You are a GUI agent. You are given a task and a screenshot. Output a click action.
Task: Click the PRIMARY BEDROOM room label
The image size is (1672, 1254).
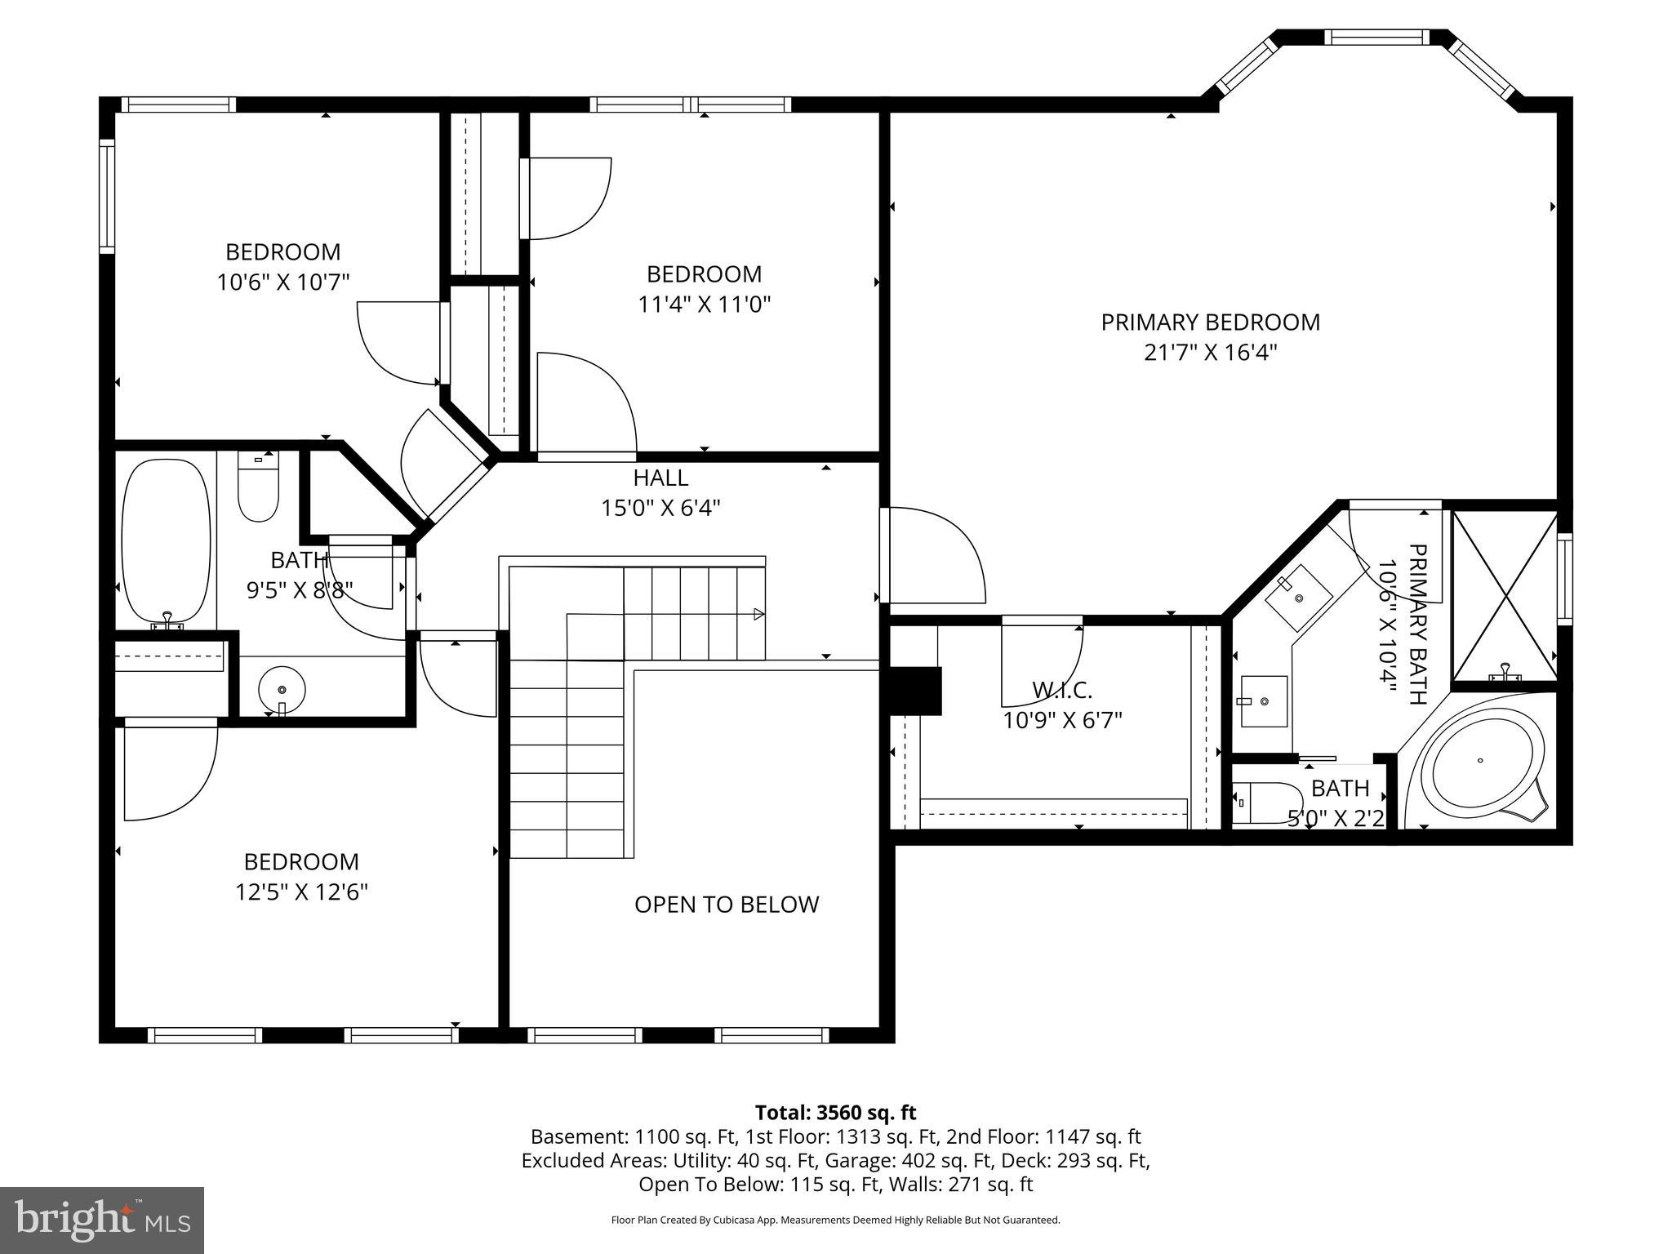(1210, 322)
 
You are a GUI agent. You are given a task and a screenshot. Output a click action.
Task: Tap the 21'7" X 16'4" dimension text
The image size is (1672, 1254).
(1210, 353)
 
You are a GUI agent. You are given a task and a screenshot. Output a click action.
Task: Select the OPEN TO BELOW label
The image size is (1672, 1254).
(727, 905)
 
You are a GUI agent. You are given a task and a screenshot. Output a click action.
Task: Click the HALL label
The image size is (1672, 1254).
(660, 478)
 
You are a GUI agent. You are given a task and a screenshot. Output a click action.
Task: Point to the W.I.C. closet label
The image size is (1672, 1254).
(1061, 691)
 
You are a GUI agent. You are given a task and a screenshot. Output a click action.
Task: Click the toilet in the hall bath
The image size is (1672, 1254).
(258, 488)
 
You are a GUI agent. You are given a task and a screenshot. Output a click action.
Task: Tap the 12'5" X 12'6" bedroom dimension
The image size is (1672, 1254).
(301, 892)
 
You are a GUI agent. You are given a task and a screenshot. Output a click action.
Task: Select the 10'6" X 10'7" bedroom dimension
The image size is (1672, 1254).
(282, 282)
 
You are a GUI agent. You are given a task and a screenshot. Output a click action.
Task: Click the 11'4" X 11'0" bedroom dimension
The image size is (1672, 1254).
(704, 305)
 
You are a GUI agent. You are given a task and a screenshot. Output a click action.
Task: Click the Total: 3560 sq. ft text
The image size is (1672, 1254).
(835, 1113)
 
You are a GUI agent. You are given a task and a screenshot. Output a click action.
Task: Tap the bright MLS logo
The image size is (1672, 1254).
(101, 1221)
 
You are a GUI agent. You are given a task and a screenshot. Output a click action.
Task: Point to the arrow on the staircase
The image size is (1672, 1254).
(758, 614)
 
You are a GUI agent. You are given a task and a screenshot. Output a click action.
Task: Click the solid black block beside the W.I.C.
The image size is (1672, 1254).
(916, 691)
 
